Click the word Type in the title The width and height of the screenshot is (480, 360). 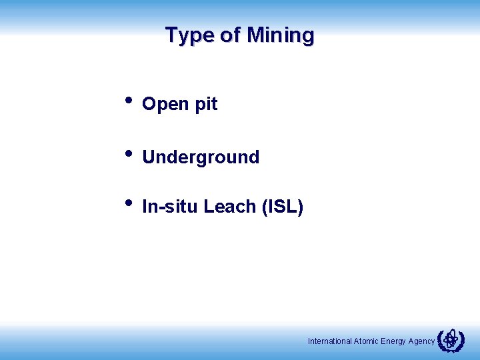189,35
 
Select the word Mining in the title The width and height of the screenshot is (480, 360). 280,35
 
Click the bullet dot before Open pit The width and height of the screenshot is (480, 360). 128,101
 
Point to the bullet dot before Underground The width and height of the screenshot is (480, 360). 128,154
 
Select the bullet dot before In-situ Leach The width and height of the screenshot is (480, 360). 128,204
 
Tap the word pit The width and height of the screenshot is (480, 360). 206,105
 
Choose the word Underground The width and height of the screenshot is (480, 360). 201,158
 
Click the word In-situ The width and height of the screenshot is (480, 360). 171,207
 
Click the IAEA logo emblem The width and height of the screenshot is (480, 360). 451,341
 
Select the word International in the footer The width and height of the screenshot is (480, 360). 329,341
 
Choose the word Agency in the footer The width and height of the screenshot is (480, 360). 421,341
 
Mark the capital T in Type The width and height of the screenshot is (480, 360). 171,35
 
